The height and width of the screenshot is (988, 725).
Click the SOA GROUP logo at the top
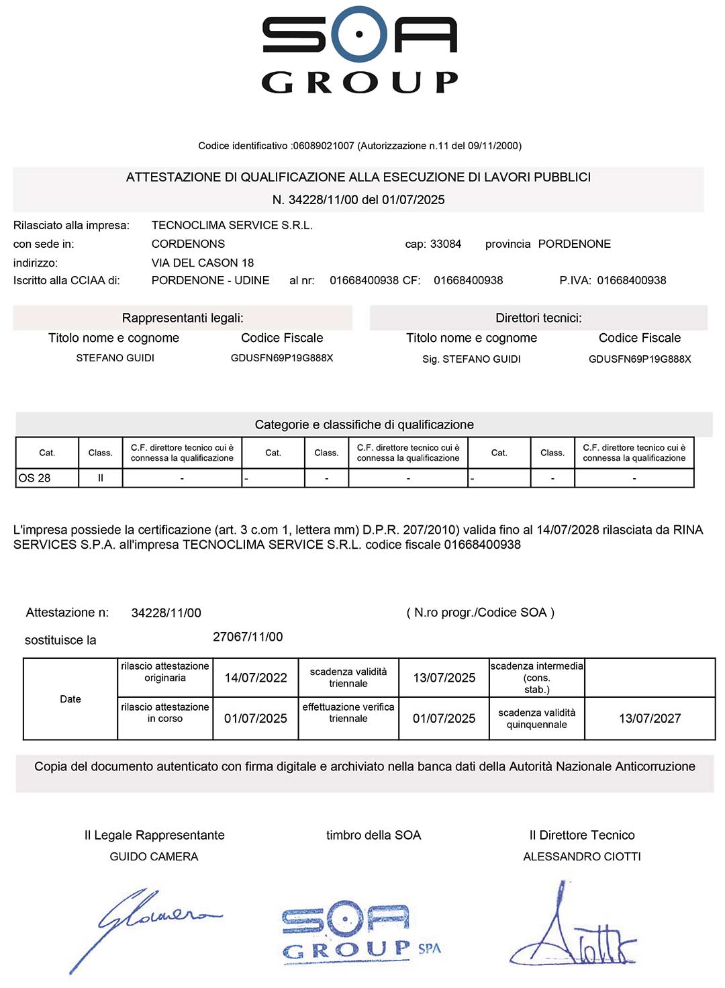(x=360, y=50)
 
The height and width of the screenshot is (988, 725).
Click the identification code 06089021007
(x=324, y=146)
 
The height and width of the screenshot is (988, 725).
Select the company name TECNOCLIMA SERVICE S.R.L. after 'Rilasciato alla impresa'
(x=232, y=225)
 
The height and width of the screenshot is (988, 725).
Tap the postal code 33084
(x=446, y=244)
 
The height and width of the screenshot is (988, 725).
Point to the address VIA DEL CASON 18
(x=203, y=263)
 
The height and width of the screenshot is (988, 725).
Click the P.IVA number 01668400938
(x=631, y=280)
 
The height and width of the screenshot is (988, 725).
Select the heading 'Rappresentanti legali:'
(x=183, y=318)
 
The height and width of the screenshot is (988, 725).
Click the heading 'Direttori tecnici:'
(x=538, y=318)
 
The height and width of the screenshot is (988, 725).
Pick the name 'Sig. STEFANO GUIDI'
(x=471, y=359)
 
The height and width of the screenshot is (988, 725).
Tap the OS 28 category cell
(x=46, y=478)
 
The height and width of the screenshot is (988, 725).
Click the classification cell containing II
(x=101, y=478)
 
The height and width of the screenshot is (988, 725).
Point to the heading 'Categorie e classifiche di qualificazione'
(x=364, y=424)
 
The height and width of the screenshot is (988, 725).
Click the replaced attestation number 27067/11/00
(x=248, y=637)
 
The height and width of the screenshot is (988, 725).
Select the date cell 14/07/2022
(x=255, y=678)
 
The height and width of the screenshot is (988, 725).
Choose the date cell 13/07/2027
(x=649, y=719)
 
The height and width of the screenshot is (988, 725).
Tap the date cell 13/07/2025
(x=444, y=678)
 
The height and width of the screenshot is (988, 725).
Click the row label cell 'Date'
(x=70, y=699)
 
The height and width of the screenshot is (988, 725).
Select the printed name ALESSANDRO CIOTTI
(x=582, y=856)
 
